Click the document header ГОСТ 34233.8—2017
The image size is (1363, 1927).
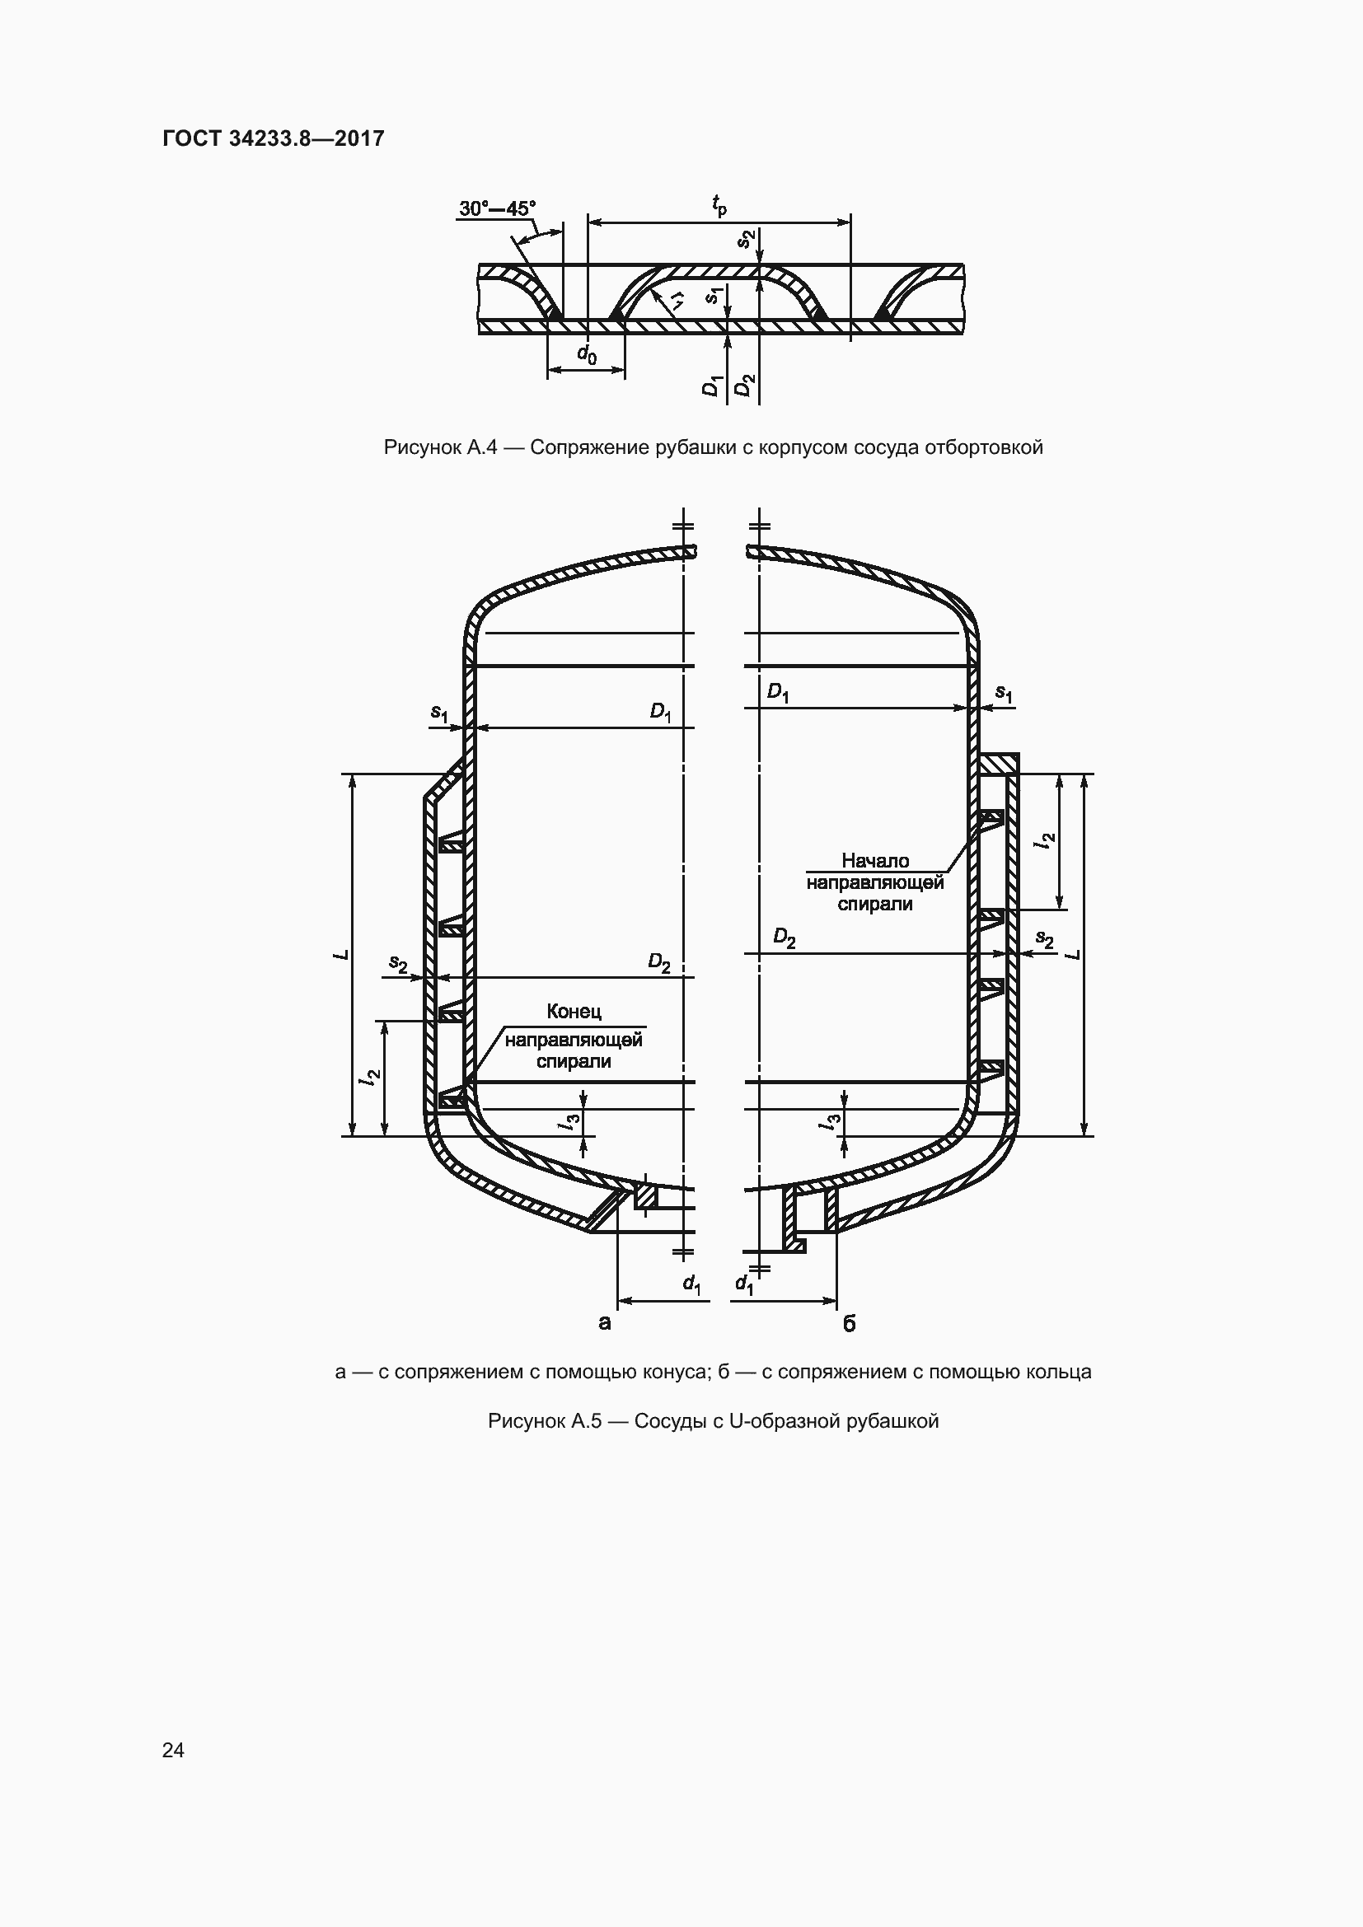[x=274, y=138]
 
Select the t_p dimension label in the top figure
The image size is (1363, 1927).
[x=719, y=205]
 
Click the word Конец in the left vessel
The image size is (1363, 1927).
[x=574, y=1012]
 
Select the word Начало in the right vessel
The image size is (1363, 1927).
[x=875, y=860]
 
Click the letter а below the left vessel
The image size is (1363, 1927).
[x=604, y=1324]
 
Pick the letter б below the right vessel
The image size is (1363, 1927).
[x=849, y=1324]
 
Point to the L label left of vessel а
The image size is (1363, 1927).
[x=341, y=954]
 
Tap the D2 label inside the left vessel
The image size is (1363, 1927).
[x=660, y=962]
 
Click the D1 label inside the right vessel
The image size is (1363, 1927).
[x=778, y=693]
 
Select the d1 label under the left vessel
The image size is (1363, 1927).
[x=691, y=1284]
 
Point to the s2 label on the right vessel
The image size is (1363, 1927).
[x=1045, y=939]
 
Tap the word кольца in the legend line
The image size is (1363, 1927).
[x=1061, y=1373]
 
